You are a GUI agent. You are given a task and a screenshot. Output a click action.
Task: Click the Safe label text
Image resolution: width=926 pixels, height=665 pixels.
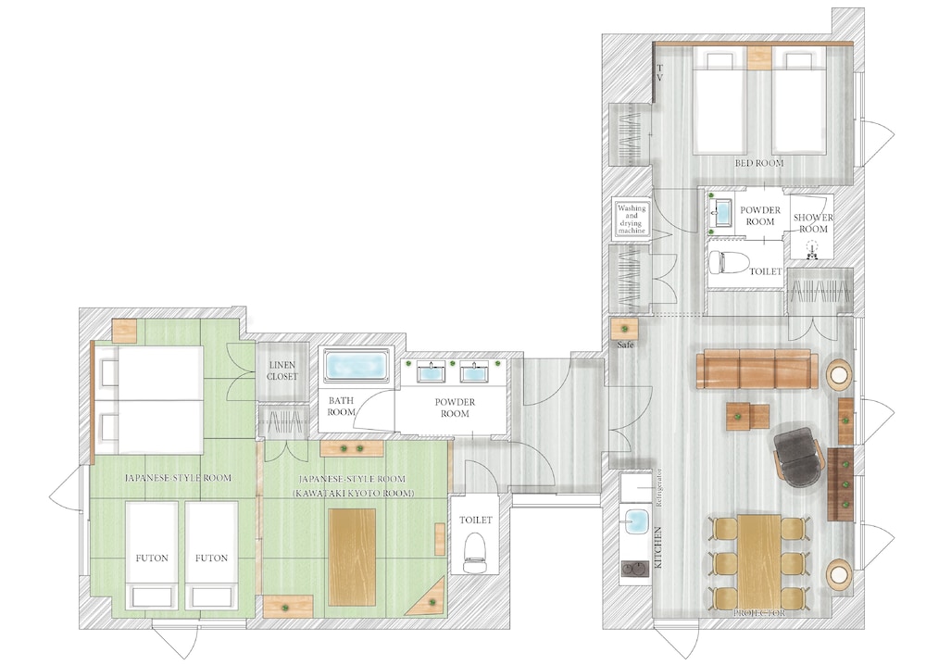[x=625, y=345]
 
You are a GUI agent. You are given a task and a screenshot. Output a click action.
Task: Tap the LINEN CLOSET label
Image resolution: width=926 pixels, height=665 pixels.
[x=282, y=370]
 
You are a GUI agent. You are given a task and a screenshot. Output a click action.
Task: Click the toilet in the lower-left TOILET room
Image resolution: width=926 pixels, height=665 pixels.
[x=475, y=552]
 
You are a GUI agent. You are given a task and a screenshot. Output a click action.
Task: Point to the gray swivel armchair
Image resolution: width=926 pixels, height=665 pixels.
[x=798, y=456]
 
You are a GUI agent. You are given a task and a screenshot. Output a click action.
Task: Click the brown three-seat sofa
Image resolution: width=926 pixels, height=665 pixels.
[x=757, y=370]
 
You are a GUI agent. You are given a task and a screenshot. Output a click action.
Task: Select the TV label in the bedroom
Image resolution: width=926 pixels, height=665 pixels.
[x=659, y=73]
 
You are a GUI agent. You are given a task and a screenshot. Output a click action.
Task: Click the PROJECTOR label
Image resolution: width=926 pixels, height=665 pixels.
[x=759, y=613]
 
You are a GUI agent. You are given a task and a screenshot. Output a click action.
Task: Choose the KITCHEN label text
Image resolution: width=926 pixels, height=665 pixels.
[x=657, y=547]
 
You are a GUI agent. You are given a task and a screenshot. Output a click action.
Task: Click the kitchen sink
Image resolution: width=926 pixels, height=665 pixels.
[x=636, y=520]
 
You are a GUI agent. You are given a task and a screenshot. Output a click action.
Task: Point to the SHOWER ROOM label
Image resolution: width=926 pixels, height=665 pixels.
[x=813, y=223]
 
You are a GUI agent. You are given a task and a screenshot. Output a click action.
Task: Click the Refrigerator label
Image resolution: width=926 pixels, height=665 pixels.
[x=659, y=488]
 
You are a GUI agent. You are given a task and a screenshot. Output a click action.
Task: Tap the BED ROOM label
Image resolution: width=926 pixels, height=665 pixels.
[x=759, y=163]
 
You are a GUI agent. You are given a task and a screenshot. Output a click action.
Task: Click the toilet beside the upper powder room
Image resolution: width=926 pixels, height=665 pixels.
[x=729, y=261]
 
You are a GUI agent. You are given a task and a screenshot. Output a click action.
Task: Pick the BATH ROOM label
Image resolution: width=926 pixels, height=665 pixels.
[x=342, y=407]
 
